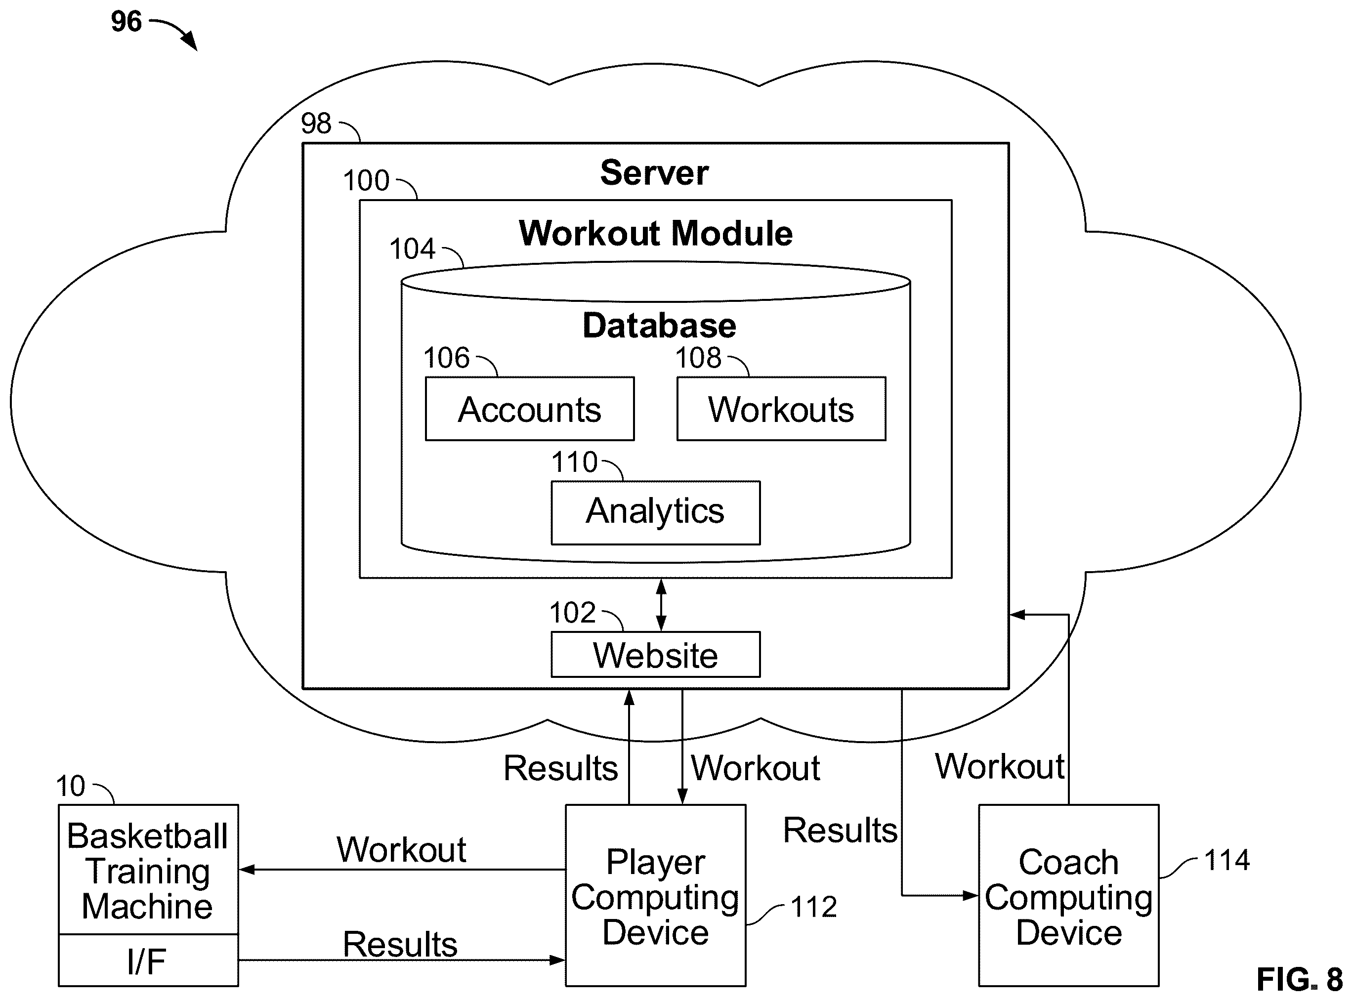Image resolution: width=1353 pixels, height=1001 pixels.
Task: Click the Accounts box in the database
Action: (x=530, y=409)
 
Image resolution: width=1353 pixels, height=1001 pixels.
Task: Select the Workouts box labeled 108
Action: (x=781, y=409)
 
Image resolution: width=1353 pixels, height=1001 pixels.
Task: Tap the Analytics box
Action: (x=656, y=513)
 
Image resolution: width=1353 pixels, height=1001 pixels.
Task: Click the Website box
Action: (x=656, y=655)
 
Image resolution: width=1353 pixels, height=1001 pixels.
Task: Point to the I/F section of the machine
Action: (x=148, y=960)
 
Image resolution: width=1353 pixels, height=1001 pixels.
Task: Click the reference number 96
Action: (x=126, y=22)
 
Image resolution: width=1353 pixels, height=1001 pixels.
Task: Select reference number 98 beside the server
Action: (x=316, y=124)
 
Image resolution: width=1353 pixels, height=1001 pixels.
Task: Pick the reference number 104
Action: (x=412, y=249)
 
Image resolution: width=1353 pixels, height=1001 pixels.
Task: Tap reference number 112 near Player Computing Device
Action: (x=814, y=907)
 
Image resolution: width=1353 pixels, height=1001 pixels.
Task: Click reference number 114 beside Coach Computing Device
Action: (x=1226, y=860)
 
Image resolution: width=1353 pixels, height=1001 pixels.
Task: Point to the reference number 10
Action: (x=71, y=787)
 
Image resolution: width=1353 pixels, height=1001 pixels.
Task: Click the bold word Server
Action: (x=654, y=173)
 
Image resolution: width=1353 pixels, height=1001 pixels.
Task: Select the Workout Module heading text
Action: (x=656, y=233)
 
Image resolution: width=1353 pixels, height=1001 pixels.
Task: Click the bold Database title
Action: (x=659, y=326)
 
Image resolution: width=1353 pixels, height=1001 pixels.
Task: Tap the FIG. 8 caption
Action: (x=1299, y=979)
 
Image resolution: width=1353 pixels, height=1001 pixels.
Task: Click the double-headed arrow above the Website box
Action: (x=661, y=605)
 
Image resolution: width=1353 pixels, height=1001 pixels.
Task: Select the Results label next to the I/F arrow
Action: (x=400, y=945)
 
